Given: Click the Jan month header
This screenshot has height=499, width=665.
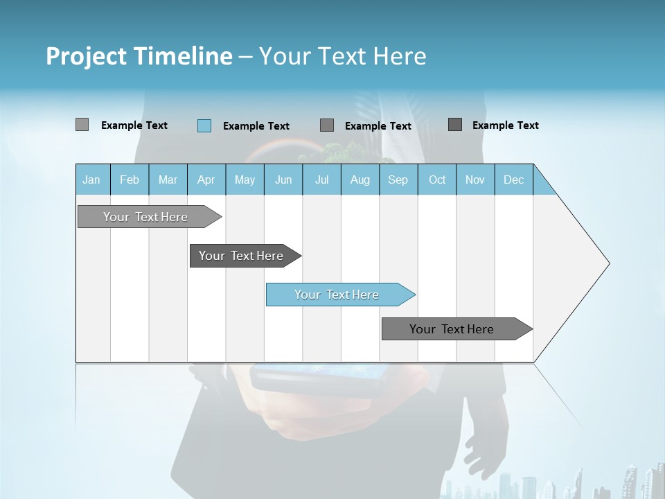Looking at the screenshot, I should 92,180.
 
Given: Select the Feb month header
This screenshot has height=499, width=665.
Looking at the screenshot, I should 130,180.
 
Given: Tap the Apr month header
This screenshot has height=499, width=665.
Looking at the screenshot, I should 206,180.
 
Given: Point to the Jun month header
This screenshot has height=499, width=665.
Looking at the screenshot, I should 283,180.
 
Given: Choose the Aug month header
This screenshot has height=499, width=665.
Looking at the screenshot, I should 360,180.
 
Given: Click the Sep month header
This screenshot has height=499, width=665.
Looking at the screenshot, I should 398,180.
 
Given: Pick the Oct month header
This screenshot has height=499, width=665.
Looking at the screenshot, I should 437,180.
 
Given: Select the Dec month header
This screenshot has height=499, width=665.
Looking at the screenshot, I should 514,180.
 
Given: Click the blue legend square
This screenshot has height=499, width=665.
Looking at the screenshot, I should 204,125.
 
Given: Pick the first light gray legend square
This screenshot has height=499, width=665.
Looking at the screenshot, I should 82,125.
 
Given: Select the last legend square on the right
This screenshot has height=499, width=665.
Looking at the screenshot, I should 455,125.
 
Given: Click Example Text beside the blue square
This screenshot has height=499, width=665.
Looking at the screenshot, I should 256,126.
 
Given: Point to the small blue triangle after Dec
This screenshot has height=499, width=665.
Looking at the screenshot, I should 542,184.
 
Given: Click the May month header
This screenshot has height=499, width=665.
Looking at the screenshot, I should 245,180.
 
